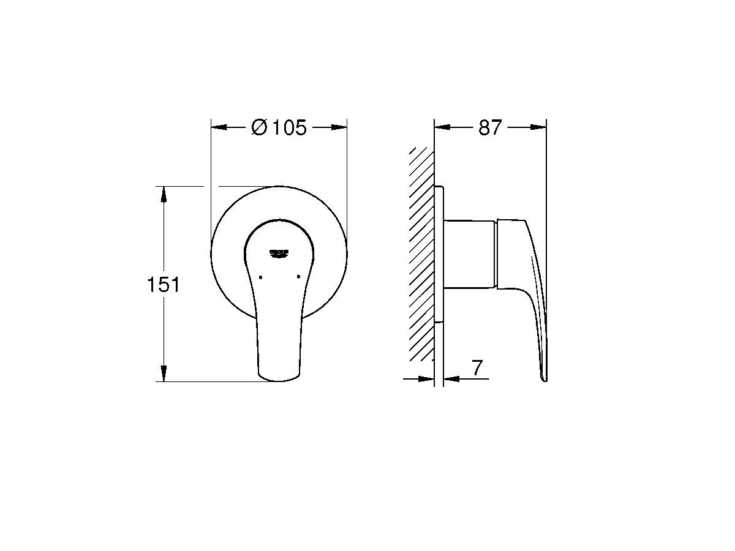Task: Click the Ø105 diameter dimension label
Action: point(279,128)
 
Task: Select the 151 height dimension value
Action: point(163,285)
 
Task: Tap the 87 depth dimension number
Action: point(490,128)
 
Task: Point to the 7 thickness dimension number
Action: point(478,368)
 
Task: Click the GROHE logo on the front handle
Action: point(279,253)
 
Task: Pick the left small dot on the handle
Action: point(260,277)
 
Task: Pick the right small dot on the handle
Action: point(298,277)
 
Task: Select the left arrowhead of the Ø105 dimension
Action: point(219,128)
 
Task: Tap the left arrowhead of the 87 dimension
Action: point(442,127)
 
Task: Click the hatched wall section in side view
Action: point(421,257)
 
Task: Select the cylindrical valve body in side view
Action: point(469,252)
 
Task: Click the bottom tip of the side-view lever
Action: point(544,378)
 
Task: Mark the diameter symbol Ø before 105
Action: point(259,128)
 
